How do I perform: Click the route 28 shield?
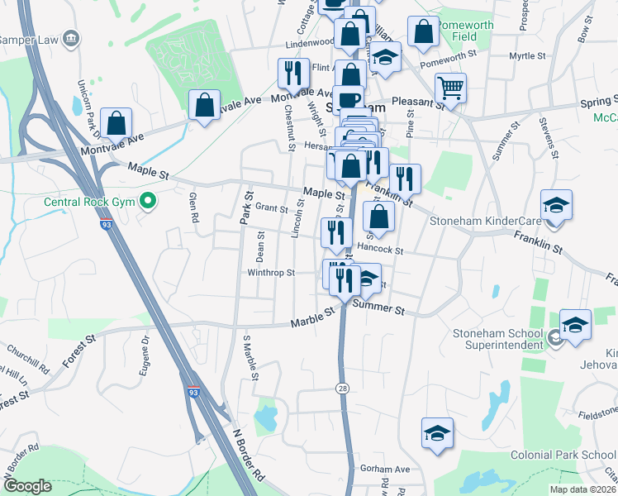[341, 388]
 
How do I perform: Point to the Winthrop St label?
[271, 273]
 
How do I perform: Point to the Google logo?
[26, 486]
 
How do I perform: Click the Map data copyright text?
[582, 489]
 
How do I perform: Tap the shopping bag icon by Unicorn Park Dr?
[116, 122]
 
